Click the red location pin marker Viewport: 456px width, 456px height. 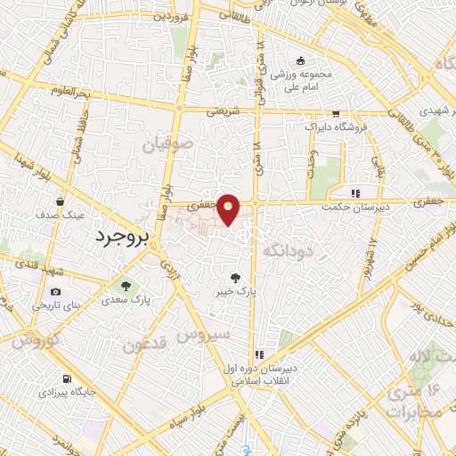click(230, 209)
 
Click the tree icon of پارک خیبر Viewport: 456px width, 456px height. click(236, 277)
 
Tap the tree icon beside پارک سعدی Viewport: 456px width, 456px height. click(123, 287)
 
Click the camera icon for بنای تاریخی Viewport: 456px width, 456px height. click(56, 292)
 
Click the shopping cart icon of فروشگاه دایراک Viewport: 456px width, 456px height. click(336, 113)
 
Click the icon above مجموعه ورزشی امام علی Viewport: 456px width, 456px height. click(301, 61)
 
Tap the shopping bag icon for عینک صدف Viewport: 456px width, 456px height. click(61, 201)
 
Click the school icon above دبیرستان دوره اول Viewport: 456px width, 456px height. click(257, 353)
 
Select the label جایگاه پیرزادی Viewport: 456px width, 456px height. click(68, 391)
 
